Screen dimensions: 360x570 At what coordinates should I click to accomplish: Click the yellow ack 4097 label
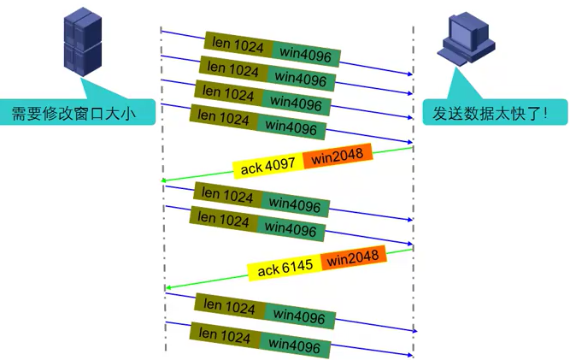262,168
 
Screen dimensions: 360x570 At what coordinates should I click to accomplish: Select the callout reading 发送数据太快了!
495,112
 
